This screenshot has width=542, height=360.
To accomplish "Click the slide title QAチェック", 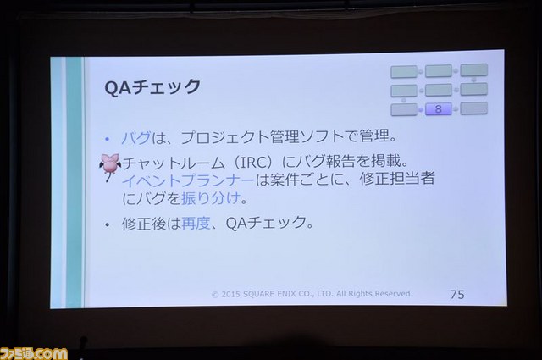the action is coord(152,87).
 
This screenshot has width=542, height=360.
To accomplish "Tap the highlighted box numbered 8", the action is coord(439,109).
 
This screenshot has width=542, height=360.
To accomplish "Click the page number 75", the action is coord(457,294).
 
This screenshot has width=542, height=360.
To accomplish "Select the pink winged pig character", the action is coord(110,167).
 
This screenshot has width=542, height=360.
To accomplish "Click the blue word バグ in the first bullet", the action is coord(136,137).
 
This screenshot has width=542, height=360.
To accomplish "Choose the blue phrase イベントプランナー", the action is coord(188,180).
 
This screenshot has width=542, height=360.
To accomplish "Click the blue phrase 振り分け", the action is coord(211,198).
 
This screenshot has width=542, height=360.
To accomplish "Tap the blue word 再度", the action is coord(196,223).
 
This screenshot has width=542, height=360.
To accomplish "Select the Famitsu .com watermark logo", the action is coord(34,353).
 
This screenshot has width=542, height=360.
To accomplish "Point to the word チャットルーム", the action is coord(174,163).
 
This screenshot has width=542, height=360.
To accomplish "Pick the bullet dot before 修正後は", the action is coord(108,224).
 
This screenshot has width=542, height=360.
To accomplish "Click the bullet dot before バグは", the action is coord(108,139).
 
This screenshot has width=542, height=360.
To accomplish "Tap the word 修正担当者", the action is coord(397,179).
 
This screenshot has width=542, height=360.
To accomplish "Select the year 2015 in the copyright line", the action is coord(230,294).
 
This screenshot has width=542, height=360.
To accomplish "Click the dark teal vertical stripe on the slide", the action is coord(74,182).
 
